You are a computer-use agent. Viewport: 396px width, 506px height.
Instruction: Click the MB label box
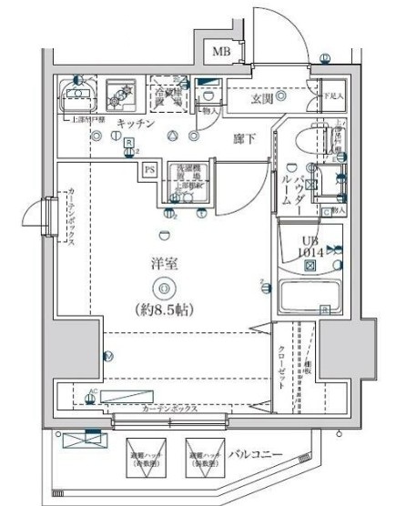point(221,53)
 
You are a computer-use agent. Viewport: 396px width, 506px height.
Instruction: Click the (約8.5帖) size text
point(164,309)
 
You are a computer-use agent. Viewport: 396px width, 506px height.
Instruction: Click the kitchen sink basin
point(77,95)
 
